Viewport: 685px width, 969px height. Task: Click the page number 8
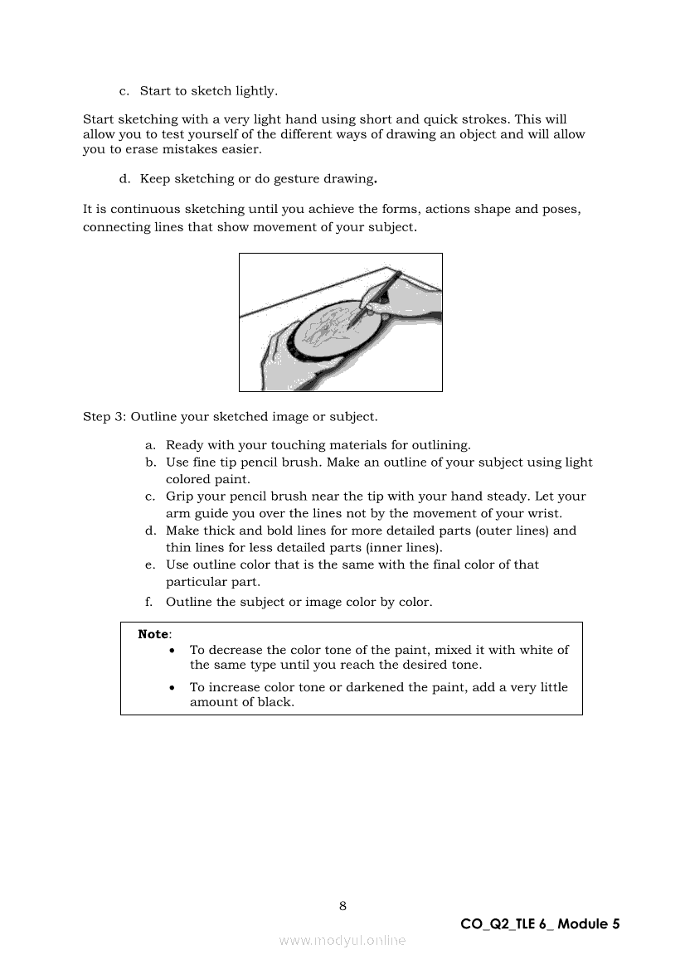tap(342, 906)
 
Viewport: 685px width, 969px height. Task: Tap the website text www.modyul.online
tap(342, 940)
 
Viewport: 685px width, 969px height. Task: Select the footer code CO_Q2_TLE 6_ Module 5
tap(540, 924)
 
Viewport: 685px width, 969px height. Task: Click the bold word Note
tap(153, 634)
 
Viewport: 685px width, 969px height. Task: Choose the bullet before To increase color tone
tap(172, 688)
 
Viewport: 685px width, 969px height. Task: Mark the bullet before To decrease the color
tap(172, 651)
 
